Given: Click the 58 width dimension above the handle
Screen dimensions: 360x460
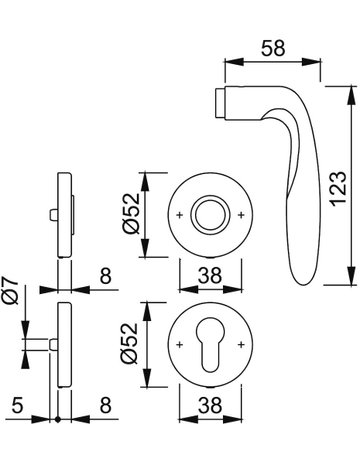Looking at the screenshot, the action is point(273,48).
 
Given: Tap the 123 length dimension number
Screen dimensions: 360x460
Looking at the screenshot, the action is point(339,189).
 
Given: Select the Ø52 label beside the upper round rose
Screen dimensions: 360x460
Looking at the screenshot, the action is point(131,213).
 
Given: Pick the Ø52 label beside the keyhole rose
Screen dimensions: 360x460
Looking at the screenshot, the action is point(130,343).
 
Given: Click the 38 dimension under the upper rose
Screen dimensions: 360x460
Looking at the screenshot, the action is point(210,276).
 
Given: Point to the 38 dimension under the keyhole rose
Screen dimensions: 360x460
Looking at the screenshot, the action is point(210,406).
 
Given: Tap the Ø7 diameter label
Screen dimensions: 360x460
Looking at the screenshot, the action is point(11,290).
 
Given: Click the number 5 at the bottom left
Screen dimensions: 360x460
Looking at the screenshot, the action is point(17,406).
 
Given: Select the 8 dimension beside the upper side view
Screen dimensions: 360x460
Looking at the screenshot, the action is point(105,276).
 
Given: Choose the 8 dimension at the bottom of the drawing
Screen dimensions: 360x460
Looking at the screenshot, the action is point(105,406).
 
